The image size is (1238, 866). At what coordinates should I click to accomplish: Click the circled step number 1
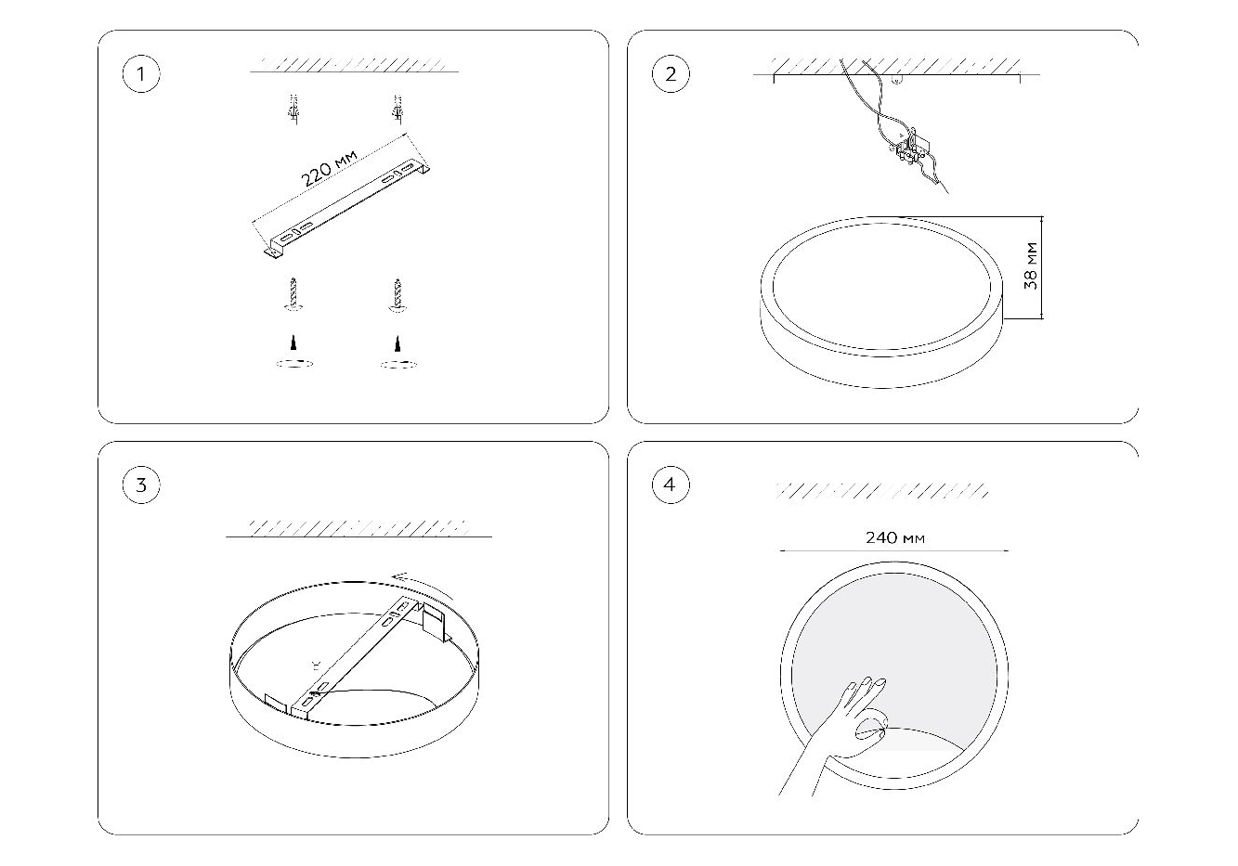[141, 74]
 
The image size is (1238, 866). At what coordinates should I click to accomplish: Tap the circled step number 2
[671, 74]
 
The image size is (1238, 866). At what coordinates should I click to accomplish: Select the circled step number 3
[141, 485]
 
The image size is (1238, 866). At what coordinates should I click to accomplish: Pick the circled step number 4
[671, 485]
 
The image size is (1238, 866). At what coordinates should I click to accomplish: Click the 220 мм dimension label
[329, 168]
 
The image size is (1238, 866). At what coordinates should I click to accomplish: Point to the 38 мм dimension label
[1031, 265]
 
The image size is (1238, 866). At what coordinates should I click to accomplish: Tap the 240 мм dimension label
[894, 537]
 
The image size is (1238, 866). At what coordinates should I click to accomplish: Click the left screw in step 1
[293, 294]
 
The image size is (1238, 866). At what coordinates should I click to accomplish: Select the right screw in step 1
[397, 295]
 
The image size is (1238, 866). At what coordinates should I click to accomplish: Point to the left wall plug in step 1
[293, 110]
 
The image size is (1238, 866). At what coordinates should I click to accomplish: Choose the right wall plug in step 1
[397, 110]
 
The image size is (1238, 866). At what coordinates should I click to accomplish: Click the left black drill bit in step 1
[293, 343]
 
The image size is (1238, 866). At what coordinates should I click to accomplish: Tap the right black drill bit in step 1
[397, 343]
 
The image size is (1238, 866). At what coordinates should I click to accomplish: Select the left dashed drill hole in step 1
[294, 364]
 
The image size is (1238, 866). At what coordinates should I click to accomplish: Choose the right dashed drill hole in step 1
[398, 364]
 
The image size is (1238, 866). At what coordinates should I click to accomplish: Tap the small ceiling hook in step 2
[898, 81]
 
